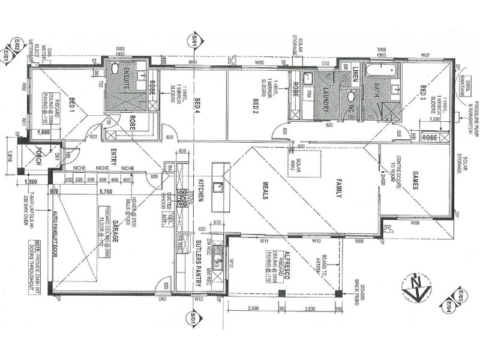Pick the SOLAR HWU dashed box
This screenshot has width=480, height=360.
click(304, 163)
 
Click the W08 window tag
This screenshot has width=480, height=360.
click(415, 223)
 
